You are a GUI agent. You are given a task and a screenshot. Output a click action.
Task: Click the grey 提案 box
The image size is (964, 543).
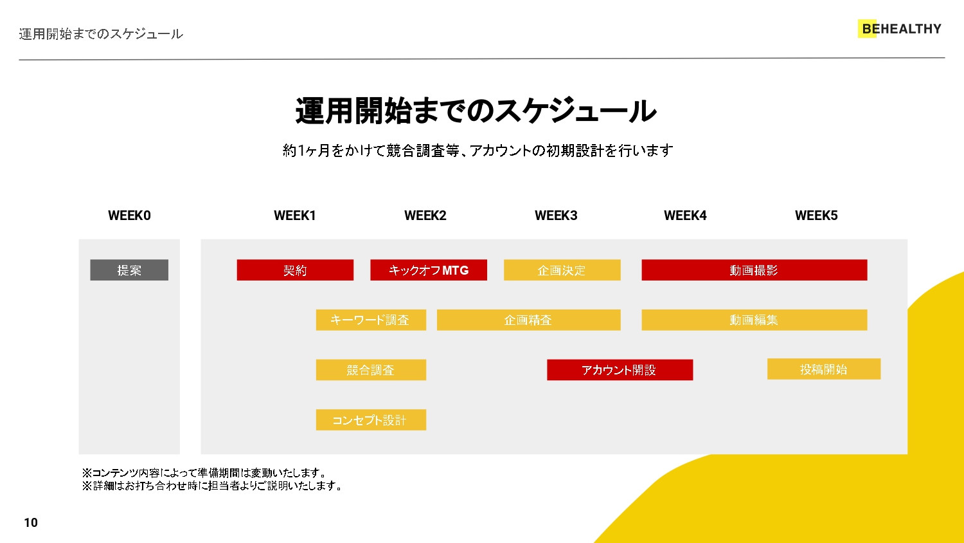(129, 270)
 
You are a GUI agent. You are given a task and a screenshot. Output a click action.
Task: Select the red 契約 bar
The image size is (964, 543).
(295, 270)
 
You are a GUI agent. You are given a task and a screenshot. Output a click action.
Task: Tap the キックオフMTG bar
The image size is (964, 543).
(429, 270)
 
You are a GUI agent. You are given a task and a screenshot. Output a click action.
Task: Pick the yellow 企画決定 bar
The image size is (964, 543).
(562, 270)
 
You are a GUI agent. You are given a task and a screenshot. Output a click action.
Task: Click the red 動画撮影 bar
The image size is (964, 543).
(754, 270)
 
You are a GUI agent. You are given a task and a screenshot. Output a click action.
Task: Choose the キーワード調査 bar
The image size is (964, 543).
(371, 320)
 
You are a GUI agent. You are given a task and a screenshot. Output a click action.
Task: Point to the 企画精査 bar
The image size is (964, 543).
(528, 320)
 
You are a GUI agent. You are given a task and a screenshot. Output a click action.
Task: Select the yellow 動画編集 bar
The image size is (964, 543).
(754, 320)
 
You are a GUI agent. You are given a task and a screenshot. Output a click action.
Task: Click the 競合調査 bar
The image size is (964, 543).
(371, 370)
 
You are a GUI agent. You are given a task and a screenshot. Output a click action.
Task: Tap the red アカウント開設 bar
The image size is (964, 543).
(620, 370)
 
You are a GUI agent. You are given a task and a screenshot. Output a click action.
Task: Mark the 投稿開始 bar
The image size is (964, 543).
(823, 369)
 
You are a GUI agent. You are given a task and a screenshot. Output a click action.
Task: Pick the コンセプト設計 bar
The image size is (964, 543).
(371, 420)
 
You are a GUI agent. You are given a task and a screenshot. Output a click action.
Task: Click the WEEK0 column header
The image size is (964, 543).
(129, 216)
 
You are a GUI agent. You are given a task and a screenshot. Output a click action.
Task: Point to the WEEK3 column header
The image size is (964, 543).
(556, 216)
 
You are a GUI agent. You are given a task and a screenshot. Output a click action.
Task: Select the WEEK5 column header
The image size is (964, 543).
(816, 216)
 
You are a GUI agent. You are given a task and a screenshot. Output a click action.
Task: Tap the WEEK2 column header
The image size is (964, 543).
(425, 216)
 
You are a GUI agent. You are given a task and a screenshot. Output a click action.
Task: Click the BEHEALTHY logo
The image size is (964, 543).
(900, 29)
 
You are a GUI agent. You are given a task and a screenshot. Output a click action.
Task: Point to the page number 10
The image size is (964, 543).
(31, 522)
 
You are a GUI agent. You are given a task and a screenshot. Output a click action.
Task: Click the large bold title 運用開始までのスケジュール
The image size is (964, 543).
(476, 111)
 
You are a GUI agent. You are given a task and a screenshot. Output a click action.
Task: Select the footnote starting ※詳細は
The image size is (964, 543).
(212, 486)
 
